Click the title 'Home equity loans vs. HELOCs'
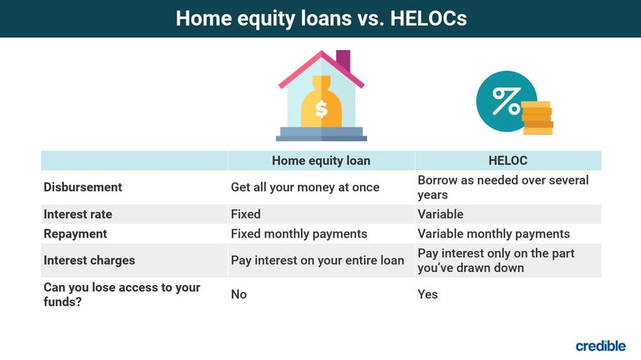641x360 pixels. pyautogui.click(x=321, y=19)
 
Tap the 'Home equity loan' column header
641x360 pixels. pyautogui.click(x=321, y=160)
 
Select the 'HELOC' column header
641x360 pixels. pyautogui.click(x=507, y=160)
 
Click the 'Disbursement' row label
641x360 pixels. pyautogui.click(x=83, y=187)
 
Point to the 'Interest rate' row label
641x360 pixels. pyautogui.click(x=78, y=214)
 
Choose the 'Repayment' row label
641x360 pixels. pyautogui.click(x=75, y=234)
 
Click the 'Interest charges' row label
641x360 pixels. pyautogui.click(x=89, y=260)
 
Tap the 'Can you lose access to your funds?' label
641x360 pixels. pyautogui.click(x=122, y=294)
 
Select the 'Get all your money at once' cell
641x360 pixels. pyautogui.click(x=305, y=187)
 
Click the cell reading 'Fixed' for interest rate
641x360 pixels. pyautogui.click(x=246, y=214)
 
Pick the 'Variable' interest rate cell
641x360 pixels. pyautogui.click(x=440, y=214)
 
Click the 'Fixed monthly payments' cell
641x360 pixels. pyautogui.click(x=299, y=234)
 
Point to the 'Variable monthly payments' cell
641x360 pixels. pyautogui.click(x=494, y=234)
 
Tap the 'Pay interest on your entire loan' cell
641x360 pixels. pyautogui.click(x=317, y=260)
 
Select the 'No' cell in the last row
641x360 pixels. pyautogui.click(x=239, y=294)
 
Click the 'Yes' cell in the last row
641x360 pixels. pyautogui.click(x=428, y=294)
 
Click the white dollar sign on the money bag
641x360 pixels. pyautogui.click(x=322, y=109)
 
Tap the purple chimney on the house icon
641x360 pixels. pyautogui.click(x=344, y=60)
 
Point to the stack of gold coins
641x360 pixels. pyautogui.click(x=537, y=118)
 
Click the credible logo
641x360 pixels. pyautogui.click(x=600, y=346)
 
